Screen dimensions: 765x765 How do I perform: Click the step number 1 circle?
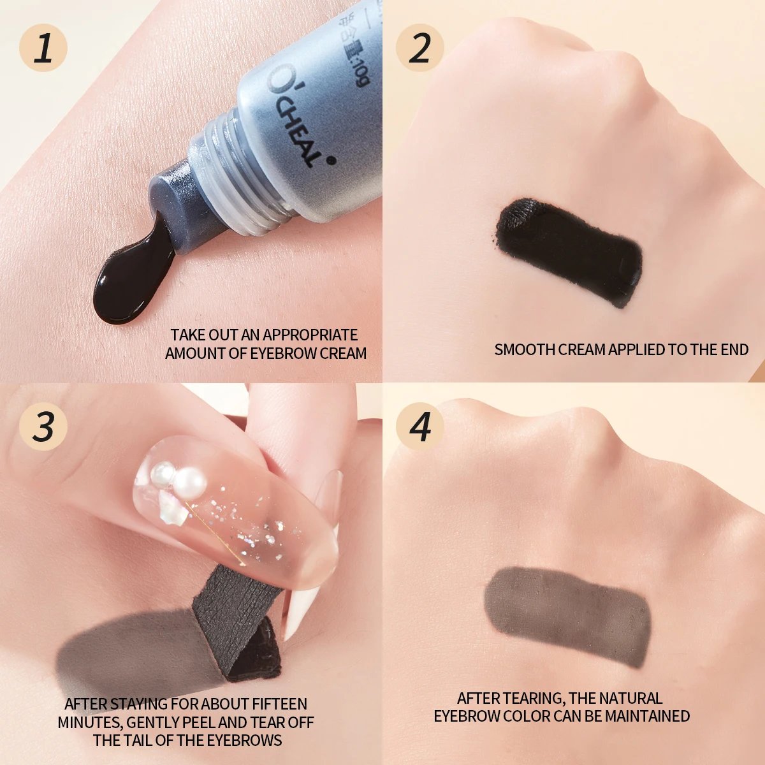point(43,47)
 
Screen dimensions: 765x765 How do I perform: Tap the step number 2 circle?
point(419,47)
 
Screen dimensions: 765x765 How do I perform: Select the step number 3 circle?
point(43,426)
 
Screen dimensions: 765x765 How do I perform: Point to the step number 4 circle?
point(419,426)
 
